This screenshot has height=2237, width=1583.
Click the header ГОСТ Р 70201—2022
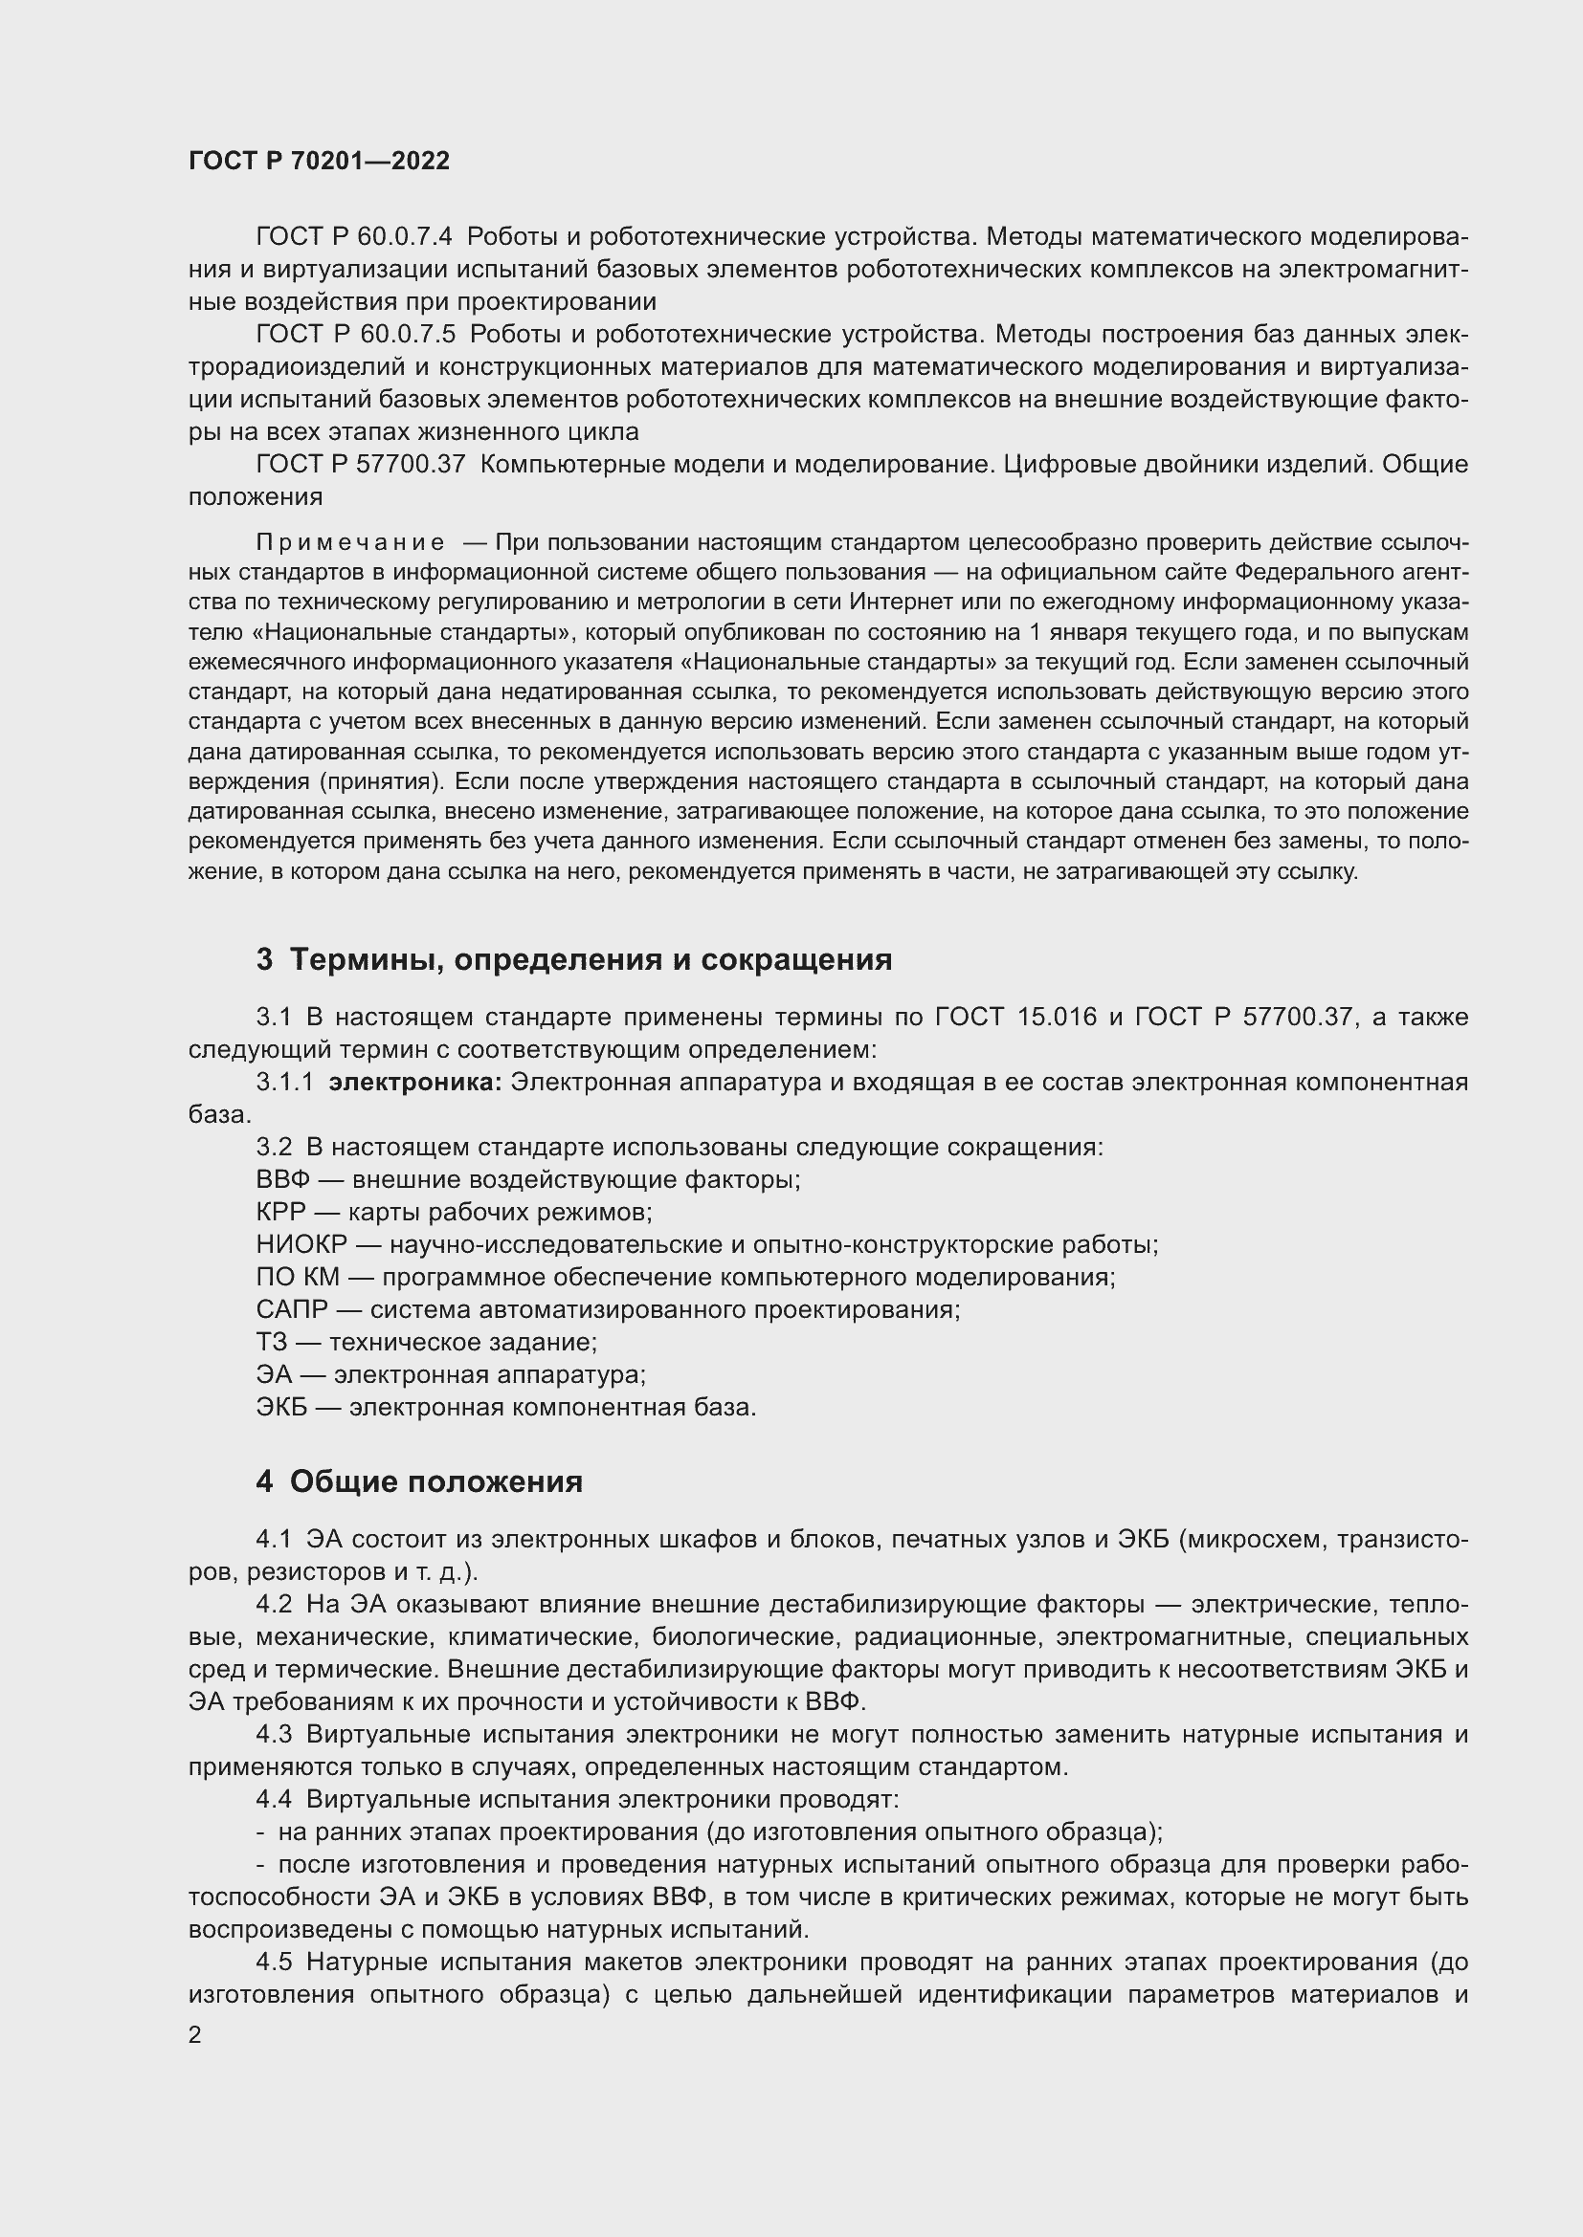319,162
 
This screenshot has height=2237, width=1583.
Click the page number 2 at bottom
195,2034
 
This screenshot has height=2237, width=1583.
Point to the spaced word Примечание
351,541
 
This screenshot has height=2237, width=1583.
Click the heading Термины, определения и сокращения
591,959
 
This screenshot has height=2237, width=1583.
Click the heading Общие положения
436,1481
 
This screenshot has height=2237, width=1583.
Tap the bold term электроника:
415,1083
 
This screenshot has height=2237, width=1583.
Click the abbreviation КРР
280,1212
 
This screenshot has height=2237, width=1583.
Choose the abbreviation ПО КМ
298,1278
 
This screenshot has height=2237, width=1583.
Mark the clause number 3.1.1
284,1083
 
